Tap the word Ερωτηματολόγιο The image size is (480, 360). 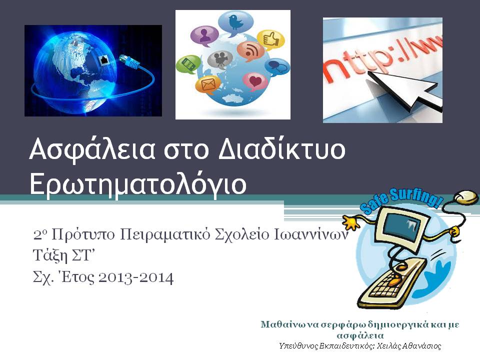click(x=137, y=184)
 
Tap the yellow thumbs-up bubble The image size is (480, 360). click(x=270, y=39)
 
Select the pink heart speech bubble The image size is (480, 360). click(x=255, y=80)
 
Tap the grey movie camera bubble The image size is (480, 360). click(x=220, y=59)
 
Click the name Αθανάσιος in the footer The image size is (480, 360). click(x=422, y=345)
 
